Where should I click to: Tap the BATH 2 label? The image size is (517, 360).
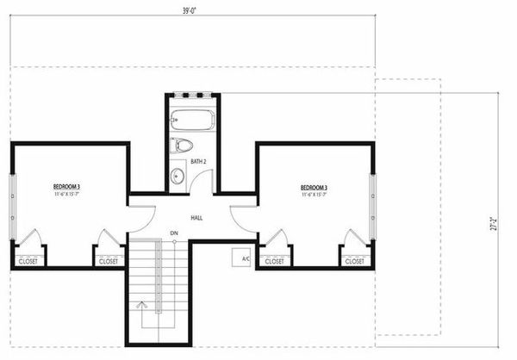tap(197, 161)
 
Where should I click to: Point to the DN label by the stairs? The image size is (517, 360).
tap(174, 233)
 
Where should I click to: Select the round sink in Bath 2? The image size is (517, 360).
tap(177, 177)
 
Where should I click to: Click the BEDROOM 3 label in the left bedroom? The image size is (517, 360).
tap(66, 186)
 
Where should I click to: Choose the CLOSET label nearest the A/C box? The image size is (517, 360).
tap(274, 261)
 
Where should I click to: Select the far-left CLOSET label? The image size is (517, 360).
tap(28, 261)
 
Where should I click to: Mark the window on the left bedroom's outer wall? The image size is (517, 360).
tap(11, 197)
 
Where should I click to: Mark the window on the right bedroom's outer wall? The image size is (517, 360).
tap(373, 197)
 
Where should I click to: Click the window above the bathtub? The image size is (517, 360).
tap(191, 94)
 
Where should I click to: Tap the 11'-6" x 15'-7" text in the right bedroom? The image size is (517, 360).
tap(318, 196)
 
